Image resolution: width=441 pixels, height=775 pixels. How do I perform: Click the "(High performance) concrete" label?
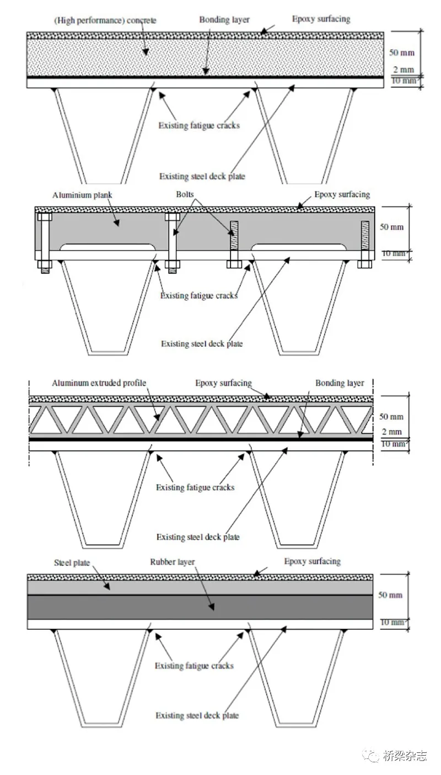(105, 21)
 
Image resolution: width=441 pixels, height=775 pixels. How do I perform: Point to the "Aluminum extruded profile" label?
(99, 383)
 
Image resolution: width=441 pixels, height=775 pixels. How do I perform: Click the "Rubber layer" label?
(173, 562)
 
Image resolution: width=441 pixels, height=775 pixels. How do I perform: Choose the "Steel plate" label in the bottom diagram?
(72, 563)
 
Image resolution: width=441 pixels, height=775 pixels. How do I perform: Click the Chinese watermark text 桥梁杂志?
(405, 756)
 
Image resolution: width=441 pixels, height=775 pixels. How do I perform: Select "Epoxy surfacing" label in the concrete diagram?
(321, 19)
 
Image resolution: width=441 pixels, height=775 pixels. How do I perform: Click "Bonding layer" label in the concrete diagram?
(224, 20)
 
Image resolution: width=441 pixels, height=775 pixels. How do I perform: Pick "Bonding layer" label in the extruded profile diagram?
(340, 383)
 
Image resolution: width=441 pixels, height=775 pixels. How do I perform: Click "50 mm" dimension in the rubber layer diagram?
(391, 596)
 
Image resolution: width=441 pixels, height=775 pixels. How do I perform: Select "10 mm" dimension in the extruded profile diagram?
(392, 444)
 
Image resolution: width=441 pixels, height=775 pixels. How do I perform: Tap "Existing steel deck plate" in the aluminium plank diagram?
(202, 344)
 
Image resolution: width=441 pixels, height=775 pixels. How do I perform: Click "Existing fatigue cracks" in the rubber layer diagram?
(194, 666)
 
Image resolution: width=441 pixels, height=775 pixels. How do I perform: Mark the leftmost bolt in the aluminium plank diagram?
(45, 242)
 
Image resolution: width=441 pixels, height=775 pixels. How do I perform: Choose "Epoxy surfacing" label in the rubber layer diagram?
(313, 561)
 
